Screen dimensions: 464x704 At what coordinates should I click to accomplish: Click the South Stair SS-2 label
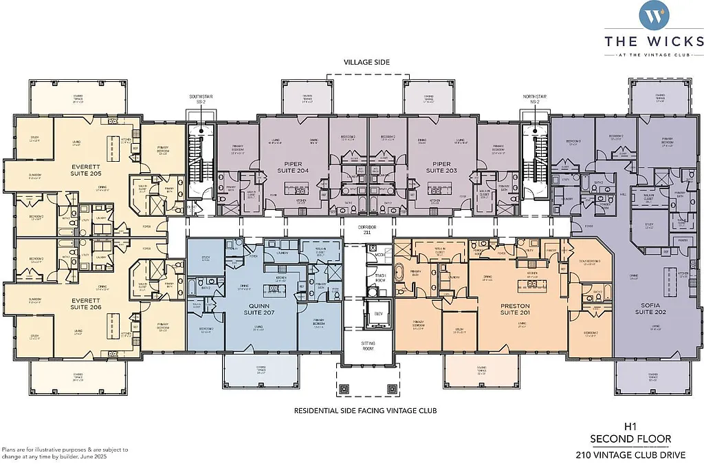(197, 99)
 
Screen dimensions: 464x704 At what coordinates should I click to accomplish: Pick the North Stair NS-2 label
(531, 99)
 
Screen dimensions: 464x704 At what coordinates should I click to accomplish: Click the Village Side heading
(367, 62)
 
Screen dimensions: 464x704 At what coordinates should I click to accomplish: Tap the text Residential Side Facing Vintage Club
(366, 411)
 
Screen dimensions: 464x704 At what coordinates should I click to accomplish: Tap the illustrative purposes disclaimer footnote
(55, 452)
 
